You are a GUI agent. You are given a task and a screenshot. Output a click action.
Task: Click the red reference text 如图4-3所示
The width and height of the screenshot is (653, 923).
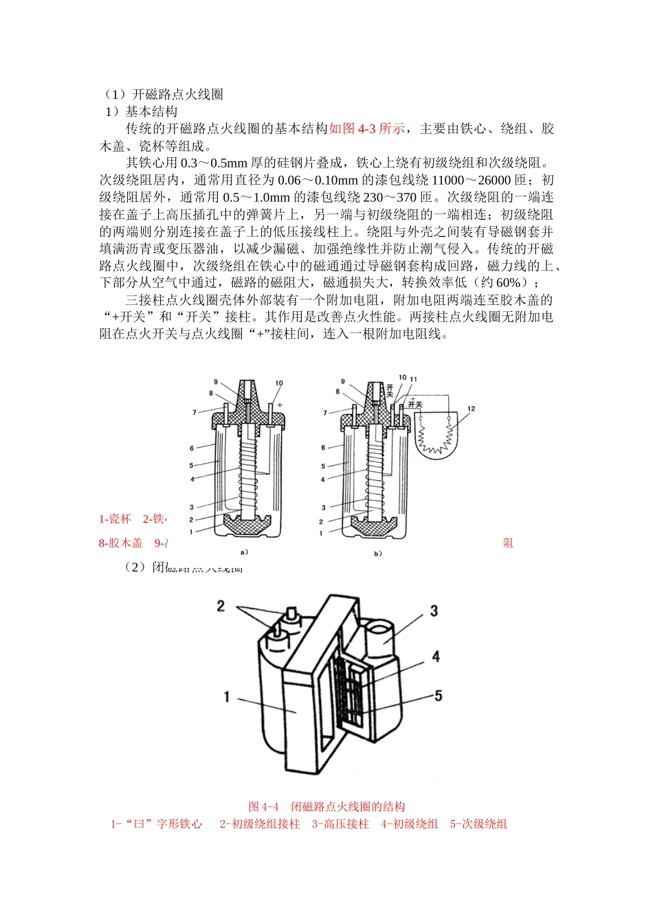pyautogui.click(x=367, y=129)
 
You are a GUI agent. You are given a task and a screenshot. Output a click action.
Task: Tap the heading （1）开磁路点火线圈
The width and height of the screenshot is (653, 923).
pyautogui.click(x=161, y=95)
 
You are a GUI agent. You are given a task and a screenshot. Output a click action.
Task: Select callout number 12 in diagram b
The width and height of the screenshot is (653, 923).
pyautogui.click(x=471, y=409)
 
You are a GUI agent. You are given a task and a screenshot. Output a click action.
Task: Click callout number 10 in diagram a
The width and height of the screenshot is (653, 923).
pyautogui.click(x=279, y=383)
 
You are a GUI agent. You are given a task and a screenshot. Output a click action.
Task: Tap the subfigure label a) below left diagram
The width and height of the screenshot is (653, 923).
pyautogui.click(x=243, y=551)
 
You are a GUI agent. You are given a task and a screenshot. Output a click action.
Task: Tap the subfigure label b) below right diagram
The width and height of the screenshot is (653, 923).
pyautogui.click(x=377, y=553)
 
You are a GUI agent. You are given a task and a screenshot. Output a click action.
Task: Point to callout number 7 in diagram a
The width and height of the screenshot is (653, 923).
pyautogui.click(x=195, y=413)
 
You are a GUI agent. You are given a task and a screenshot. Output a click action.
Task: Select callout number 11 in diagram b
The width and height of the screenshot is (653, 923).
pyautogui.click(x=413, y=378)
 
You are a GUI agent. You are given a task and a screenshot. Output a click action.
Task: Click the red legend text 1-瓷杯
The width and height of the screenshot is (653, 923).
pyautogui.click(x=115, y=519)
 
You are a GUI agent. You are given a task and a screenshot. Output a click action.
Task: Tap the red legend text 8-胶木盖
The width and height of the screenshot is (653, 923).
pyautogui.click(x=121, y=543)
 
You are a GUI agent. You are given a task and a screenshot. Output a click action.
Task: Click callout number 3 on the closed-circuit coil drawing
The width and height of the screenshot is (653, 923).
pyautogui.click(x=434, y=611)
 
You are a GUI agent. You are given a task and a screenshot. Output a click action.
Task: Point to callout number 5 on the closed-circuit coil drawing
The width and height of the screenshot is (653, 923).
pyautogui.click(x=438, y=696)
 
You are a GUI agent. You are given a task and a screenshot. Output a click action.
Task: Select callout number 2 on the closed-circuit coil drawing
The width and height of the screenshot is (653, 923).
pyautogui.click(x=221, y=605)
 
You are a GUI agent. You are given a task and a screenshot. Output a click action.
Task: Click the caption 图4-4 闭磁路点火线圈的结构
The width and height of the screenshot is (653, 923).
pyautogui.click(x=326, y=807)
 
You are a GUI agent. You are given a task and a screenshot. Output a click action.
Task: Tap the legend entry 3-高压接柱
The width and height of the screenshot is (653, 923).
pyautogui.click(x=340, y=824)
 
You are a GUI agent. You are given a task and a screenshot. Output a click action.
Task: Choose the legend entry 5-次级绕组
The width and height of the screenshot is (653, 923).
pyautogui.click(x=478, y=824)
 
